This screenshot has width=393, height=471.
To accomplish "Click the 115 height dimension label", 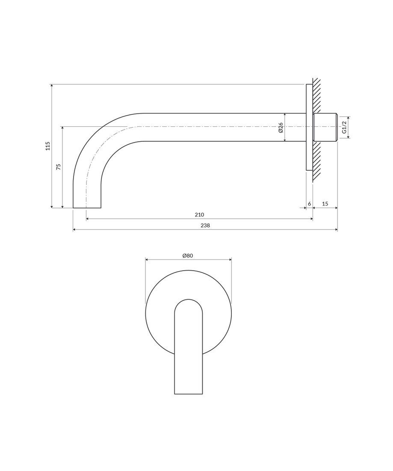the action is point(48,146).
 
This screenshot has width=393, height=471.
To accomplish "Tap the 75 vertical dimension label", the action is point(59,167).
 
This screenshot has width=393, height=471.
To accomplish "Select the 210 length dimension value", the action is point(199,215).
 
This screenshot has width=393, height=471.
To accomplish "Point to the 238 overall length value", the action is point(205,225).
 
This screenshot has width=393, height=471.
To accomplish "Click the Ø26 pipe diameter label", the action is point(281,127).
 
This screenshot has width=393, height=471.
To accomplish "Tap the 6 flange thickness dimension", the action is point(309,204).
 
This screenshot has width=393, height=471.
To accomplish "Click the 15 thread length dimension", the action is point(325,204).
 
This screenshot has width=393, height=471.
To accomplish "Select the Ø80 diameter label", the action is point(188,256).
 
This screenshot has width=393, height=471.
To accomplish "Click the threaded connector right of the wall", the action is point(325,127).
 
